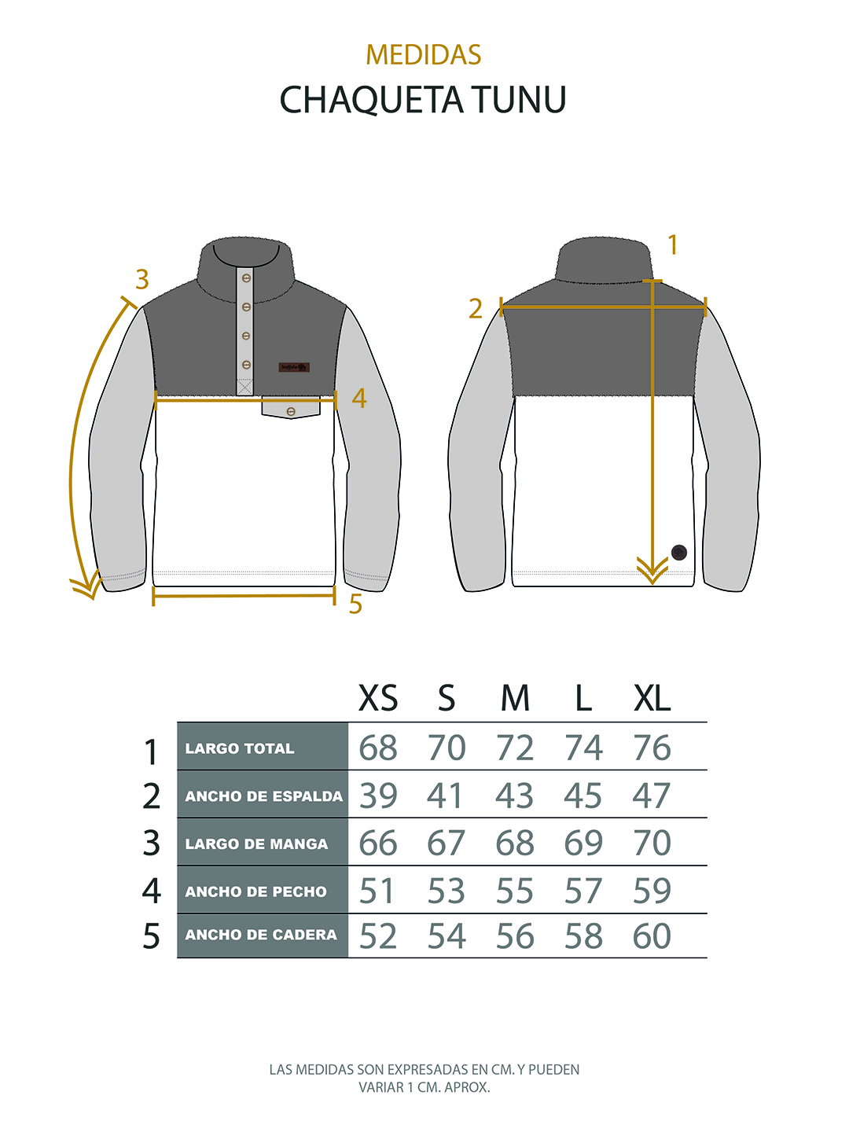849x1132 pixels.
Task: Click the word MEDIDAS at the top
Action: click(423, 55)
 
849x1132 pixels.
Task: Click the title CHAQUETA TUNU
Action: click(423, 100)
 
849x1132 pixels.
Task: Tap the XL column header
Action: click(652, 699)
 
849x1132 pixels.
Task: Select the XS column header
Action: click(378, 699)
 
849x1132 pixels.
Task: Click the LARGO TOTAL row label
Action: click(240, 748)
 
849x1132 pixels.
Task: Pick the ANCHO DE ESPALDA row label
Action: click(263, 796)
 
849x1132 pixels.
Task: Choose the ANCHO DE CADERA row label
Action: click(261, 935)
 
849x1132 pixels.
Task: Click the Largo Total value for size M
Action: click(515, 748)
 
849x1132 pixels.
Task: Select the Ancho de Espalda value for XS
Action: click(378, 796)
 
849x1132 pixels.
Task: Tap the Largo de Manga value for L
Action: click(583, 843)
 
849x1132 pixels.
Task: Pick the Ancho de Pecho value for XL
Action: click(652, 891)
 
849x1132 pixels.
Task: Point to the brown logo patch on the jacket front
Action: click(294, 367)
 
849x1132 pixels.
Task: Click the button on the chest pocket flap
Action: click(291, 411)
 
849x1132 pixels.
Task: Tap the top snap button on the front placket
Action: click(246, 278)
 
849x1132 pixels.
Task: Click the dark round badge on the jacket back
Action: click(679, 553)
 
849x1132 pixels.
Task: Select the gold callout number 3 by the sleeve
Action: click(142, 280)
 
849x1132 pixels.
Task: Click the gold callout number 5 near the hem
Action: click(355, 604)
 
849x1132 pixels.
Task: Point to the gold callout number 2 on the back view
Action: click(476, 309)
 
